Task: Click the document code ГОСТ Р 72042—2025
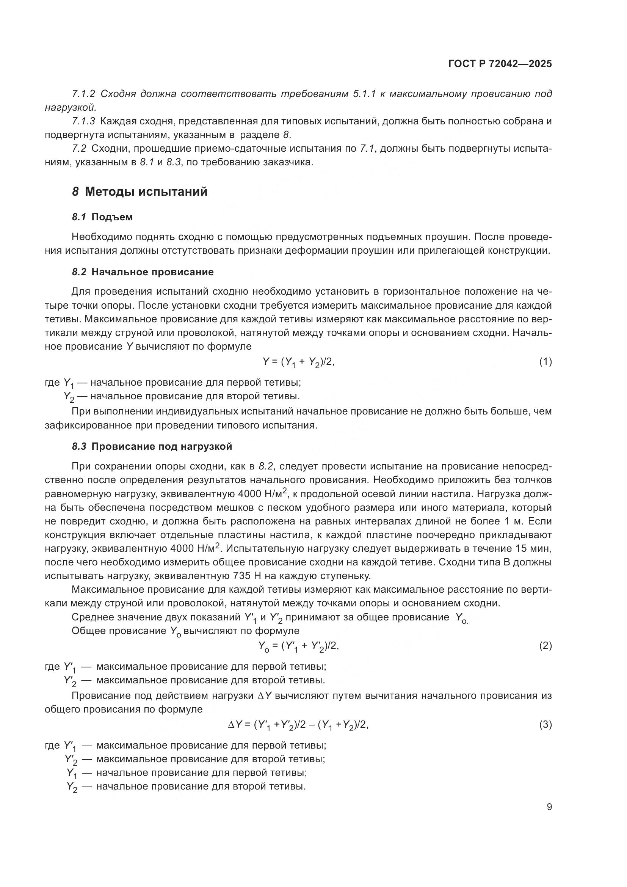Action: click(500, 64)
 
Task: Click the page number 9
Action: click(549, 807)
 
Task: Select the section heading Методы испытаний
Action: click(146, 192)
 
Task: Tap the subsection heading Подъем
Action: click(112, 217)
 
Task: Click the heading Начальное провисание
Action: click(152, 272)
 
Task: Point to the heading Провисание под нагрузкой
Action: click(162, 447)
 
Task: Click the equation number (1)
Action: click(545, 362)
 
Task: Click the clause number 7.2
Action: click(79, 149)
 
